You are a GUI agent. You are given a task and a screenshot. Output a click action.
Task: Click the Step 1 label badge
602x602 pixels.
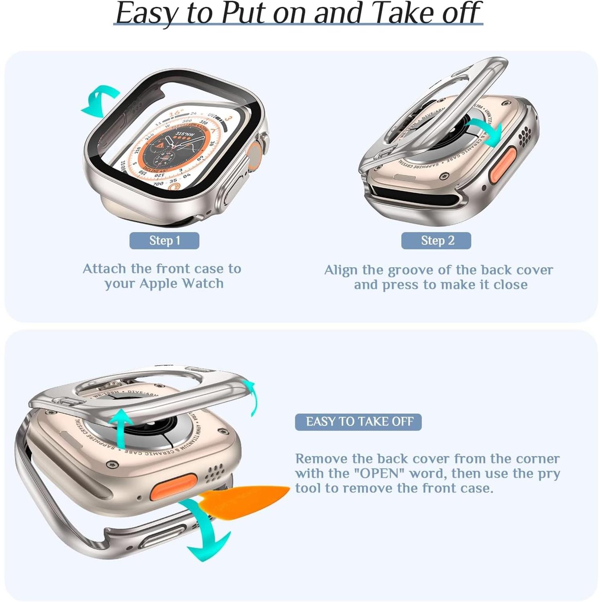coord(164,240)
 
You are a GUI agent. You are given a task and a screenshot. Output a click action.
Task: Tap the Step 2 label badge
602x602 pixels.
coord(436,240)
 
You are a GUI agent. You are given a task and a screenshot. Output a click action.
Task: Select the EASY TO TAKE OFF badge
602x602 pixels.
coord(358,422)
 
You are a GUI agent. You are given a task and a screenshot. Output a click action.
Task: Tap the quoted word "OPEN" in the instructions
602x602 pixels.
coord(379,474)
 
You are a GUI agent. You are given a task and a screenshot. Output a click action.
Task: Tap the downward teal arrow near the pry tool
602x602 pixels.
coord(205,530)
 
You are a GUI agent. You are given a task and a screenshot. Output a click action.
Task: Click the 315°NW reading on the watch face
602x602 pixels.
coord(185,134)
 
